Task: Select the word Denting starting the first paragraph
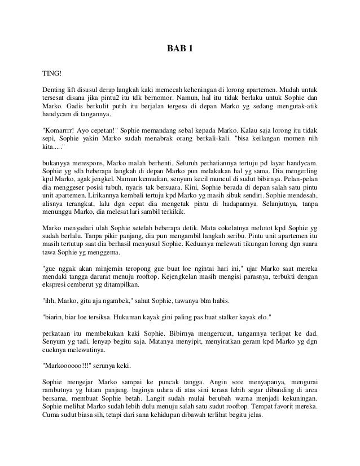(56, 89)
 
